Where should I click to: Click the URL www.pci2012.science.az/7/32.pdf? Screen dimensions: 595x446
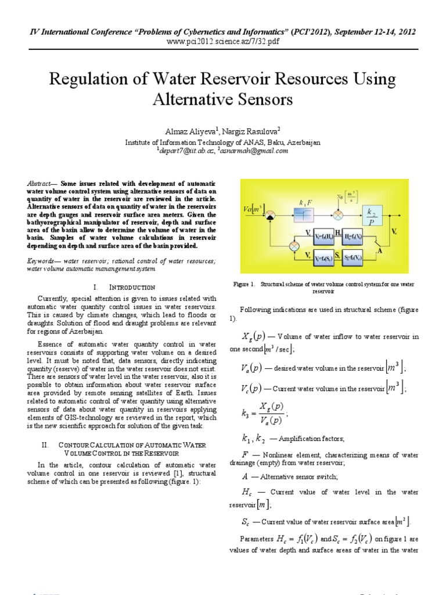(223, 42)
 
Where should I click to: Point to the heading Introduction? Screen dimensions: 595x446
(133, 287)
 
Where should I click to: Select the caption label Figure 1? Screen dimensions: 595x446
(244, 285)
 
